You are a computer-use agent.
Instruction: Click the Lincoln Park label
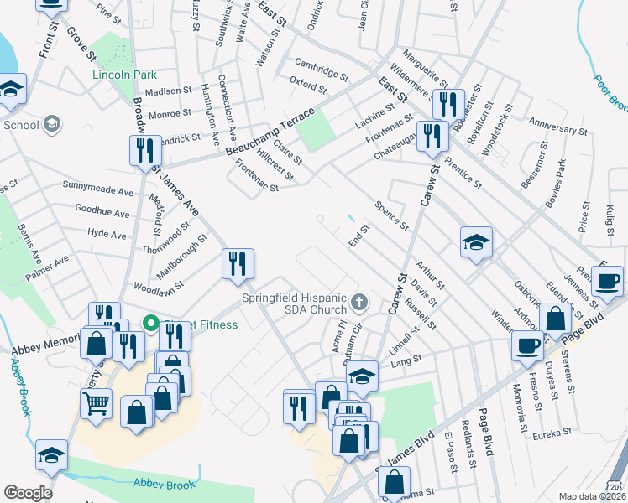119,74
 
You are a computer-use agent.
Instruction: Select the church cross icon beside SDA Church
359,301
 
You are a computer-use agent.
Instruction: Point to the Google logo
29,493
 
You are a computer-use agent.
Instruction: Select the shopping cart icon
97,404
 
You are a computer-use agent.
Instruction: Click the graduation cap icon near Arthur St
476,243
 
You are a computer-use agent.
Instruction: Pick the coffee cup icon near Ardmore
528,345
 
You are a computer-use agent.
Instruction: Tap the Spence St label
391,215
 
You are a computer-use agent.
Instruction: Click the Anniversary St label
557,129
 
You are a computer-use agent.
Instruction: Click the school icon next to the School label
52,125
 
